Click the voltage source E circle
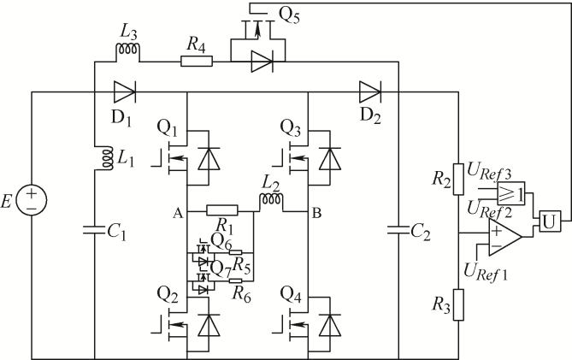tap(32, 200)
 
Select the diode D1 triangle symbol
tap(124, 91)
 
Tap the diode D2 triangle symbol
tap(370, 91)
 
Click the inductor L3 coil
tap(127, 50)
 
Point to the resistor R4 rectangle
tap(197, 62)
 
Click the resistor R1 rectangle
tap(222, 210)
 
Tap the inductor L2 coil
tap(271, 199)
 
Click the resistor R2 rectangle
tap(458, 179)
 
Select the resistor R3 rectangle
tap(458, 305)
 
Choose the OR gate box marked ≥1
tap(511, 193)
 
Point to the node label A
tap(178, 213)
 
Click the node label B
tap(316, 213)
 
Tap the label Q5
tap(289, 15)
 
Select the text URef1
tap(486, 272)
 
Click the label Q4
tap(291, 295)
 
